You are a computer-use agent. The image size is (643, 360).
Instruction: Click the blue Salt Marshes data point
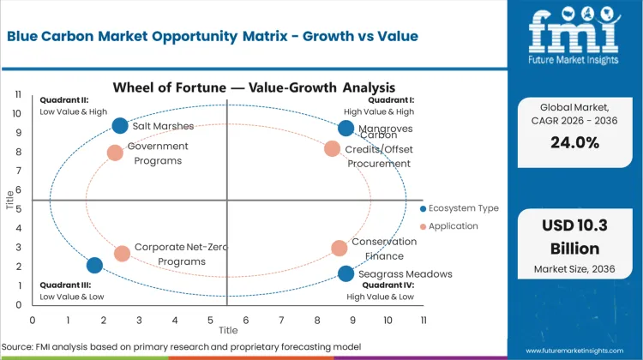pyautogui.click(x=120, y=126)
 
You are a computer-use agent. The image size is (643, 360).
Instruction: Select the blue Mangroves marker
pyautogui.click(x=346, y=129)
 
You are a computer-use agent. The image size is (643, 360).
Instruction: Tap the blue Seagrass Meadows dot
pyautogui.click(x=346, y=273)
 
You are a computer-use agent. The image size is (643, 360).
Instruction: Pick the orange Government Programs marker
pyautogui.click(x=115, y=153)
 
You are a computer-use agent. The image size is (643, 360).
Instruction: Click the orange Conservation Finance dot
pyautogui.click(x=340, y=248)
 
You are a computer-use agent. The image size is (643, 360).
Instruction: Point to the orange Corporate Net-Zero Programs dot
pyautogui.click(x=122, y=254)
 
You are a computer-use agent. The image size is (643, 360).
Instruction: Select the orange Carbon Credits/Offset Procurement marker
pyautogui.click(x=333, y=148)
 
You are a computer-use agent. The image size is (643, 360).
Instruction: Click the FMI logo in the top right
pyautogui.click(x=573, y=39)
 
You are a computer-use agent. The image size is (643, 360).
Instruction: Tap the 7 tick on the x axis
pyautogui.click(x=281, y=320)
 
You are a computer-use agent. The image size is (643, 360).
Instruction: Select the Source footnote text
pyautogui.click(x=183, y=346)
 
